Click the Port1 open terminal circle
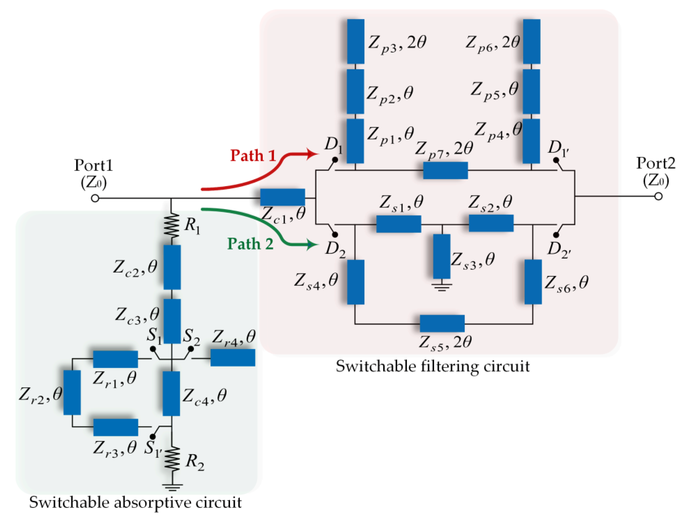click(95, 198)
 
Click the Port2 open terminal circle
click(658, 196)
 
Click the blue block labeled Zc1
click(282, 197)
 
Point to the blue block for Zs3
click(442, 256)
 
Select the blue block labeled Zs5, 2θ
click(442, 323)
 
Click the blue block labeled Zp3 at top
click(356, 42)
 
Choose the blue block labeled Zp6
click(532, 42)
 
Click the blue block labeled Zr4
click(233, 357)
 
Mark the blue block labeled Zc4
click(171, 393)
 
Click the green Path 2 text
click(250, 244)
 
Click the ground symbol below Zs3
click(442, 287)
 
